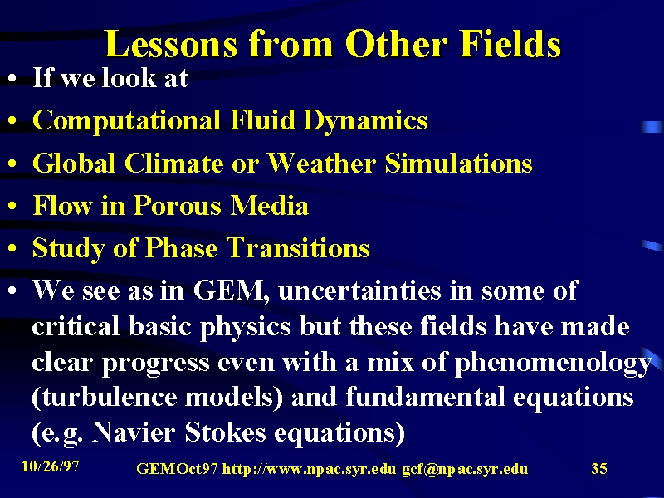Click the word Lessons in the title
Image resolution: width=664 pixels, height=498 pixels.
tap(171, 44)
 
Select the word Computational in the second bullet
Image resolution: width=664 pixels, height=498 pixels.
tap(127, 120)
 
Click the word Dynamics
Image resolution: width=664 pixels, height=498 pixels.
tap(366, 120)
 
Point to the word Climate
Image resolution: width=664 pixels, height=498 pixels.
tap(173, 163)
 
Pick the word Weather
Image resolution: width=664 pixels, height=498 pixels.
tap(321, 163)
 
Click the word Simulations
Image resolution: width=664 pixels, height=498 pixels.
tap(458, 163)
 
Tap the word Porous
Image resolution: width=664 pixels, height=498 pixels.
tap(178, 205)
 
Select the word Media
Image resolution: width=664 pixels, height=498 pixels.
tap(269, 205)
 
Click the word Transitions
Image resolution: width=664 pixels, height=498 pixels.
tap(298, 247)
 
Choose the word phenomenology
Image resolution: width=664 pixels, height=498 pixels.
tap(553, 364)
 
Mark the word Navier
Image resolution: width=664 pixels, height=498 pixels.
tap(133, 432)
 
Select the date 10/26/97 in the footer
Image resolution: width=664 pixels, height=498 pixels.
tap(51, 466)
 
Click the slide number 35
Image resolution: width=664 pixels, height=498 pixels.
tap(599, 468)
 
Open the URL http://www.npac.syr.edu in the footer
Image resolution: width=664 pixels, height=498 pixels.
tap(309, 469)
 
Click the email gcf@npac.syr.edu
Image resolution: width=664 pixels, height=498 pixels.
tap(465, 469)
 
